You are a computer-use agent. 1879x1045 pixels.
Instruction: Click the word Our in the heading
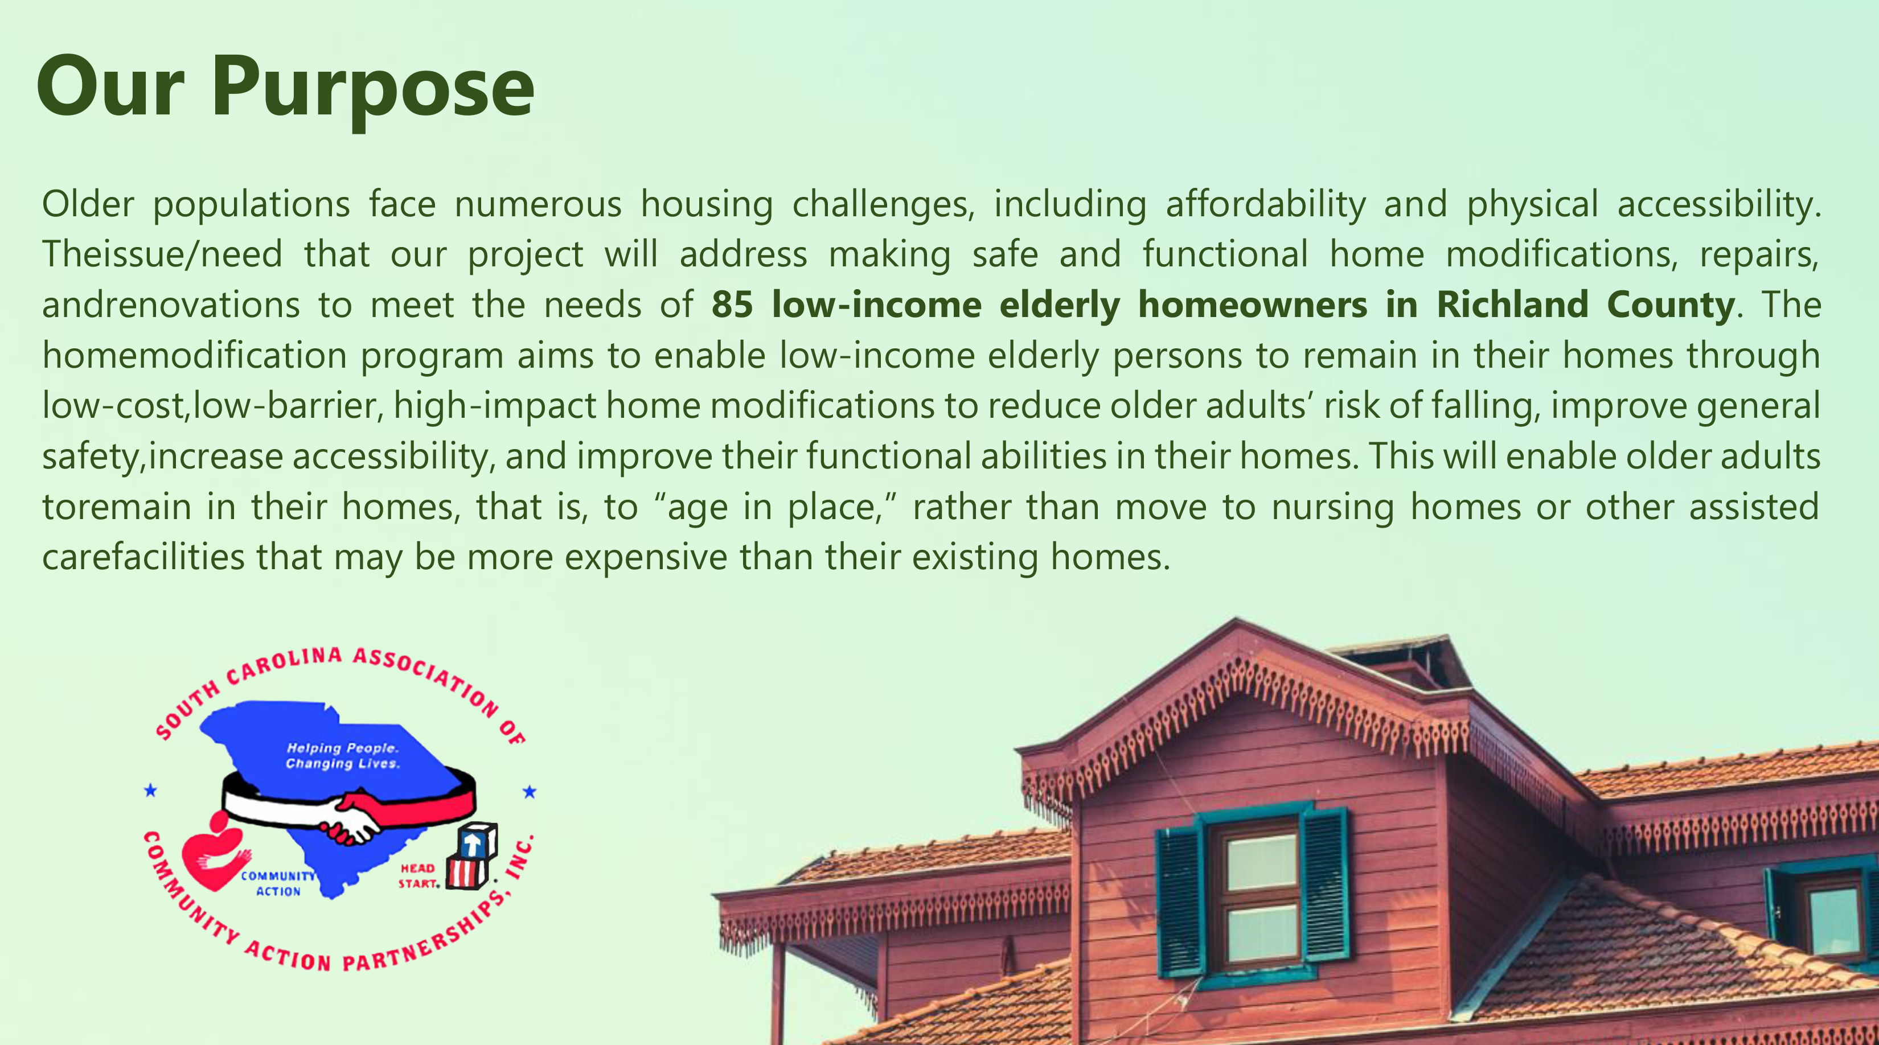[110, 86]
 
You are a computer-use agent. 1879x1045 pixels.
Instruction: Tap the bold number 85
[732, 305]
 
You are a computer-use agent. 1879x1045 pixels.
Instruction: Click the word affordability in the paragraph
[1266, 204]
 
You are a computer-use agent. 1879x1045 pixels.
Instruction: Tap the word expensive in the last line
[646, 558]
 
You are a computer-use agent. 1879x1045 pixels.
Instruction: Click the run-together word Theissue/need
[162, 255]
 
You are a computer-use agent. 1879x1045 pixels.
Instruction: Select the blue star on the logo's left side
[150, 790]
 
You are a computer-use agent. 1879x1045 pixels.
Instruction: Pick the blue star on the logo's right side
[530, 791]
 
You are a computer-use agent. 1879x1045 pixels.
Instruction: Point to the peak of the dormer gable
[1236, 619]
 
